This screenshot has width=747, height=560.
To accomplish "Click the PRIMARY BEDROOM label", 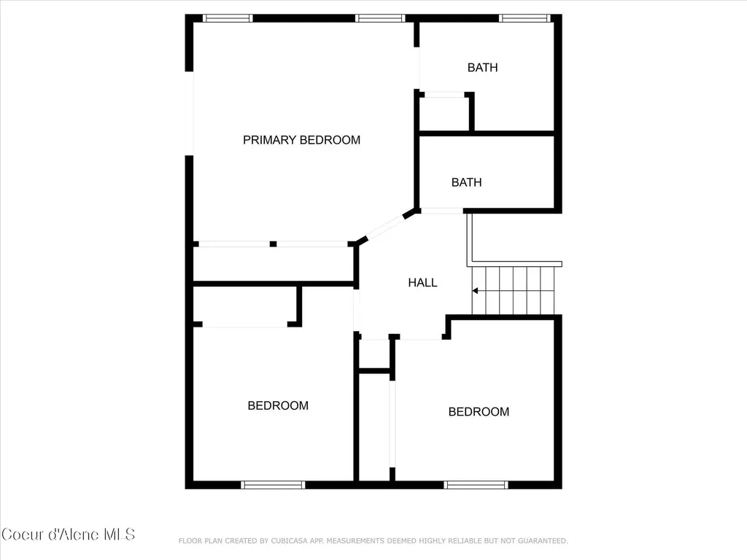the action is tap(301, 140).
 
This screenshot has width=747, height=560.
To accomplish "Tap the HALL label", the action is tap(422, 282).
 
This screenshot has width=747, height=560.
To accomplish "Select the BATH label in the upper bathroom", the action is tap(483, 68).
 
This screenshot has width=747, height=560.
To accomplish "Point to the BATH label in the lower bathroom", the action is tap(466, 182).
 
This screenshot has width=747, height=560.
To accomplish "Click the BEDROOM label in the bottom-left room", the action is tap(278, 405).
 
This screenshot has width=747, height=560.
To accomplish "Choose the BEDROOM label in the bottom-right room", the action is tap(479, 412).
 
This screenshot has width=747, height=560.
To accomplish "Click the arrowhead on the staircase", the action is tap(475, 290).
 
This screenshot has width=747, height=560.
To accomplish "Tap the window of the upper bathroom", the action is tap(525, 18).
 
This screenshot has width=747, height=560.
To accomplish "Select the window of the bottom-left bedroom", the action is tap(273, 485).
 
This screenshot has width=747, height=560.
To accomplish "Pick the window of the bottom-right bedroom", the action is tap(476, 485).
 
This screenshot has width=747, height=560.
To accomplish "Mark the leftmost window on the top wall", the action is tap(228, 18).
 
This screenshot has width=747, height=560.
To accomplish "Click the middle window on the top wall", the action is tap(379, 18).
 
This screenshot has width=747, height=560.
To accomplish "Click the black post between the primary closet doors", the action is tap(273, 244).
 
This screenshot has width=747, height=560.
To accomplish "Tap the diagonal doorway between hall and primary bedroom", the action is tap(385, 227).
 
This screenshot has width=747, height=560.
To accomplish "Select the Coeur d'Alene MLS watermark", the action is tap(68, 534).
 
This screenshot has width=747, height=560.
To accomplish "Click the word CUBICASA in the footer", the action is tap(289, 541).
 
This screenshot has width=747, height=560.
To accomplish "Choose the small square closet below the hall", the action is tap(374, 354).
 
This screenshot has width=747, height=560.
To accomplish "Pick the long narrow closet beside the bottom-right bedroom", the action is tap(374, 427).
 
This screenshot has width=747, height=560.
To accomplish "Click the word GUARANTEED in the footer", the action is tap(543, 541).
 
